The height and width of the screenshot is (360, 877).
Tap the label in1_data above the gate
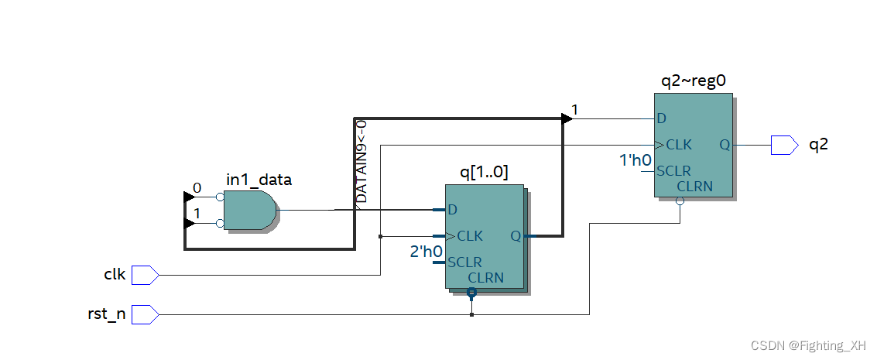[259, 180]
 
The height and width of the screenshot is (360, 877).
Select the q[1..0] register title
[484, 173]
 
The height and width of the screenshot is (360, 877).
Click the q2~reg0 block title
[693, 80]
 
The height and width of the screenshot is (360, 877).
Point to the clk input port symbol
[145, 274]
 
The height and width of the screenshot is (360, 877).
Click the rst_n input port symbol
[145, 314]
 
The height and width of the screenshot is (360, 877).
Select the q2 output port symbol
[783, 145]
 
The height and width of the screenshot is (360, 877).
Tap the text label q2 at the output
[818, 144]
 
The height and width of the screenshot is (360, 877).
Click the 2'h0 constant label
[426, 252]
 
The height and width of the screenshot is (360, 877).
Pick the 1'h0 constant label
[635, 161]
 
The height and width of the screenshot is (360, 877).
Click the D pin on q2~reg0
[661, 118]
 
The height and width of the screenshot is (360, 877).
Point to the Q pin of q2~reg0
[724, 145]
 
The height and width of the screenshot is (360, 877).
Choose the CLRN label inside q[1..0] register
[486, 277]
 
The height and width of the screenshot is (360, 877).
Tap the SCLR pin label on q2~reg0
[673, 171]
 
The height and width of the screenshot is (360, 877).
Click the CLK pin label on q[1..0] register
[470, 235]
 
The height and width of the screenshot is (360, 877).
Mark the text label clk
[115, 274]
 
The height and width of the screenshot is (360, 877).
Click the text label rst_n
[107, 314]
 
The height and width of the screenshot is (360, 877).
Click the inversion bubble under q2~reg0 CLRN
[680, 201]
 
